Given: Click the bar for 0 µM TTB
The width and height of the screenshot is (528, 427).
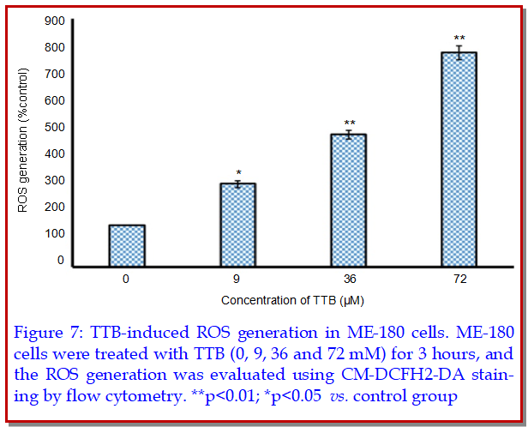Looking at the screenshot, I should coord(126,245).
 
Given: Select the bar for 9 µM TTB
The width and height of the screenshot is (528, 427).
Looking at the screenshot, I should coord(238,225).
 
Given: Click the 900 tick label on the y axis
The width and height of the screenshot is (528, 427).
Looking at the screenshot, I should coord(56,21).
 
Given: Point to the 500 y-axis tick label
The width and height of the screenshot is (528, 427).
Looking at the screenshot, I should coord(56,127).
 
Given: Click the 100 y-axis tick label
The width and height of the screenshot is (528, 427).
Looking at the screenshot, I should coord(56,233).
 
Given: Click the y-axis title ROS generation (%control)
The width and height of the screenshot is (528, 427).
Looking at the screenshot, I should coord(24,141).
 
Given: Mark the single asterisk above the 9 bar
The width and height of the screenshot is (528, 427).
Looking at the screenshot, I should coord(238,172).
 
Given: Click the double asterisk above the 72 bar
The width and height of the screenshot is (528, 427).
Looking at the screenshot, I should coord(460,39).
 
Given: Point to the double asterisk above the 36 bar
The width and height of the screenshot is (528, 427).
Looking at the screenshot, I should coord(349,123).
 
